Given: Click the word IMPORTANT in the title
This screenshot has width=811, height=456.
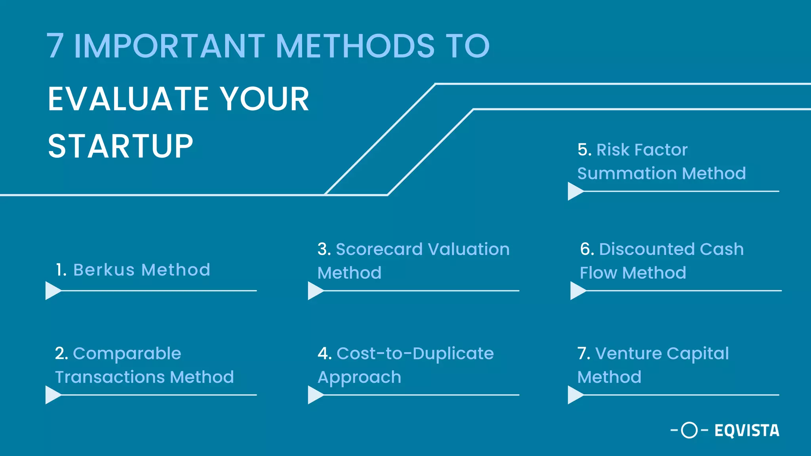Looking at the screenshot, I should (x=169, y=46).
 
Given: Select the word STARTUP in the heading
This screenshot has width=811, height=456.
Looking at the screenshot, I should (x=120, y=146).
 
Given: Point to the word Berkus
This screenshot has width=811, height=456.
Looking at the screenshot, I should (x=104, y=270).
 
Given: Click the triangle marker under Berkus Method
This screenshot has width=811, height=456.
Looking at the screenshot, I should (x=52, y=291).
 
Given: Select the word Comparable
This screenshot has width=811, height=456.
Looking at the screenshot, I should (x=127, y=353).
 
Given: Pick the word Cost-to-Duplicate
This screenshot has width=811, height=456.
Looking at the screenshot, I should (x=415, y=353).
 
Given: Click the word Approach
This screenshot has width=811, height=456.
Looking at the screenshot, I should (x=359, y=378).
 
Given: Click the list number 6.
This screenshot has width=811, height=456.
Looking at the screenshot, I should (x=587, y=249).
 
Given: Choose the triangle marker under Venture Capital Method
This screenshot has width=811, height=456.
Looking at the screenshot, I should (x=575, y=395).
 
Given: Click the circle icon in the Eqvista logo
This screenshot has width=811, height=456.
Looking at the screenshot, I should (x=689, y=430).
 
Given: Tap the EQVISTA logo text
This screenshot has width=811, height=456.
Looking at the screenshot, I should (x=747, y=431).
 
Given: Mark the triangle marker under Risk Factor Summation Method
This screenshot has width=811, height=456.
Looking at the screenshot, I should (x=575, y=191).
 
